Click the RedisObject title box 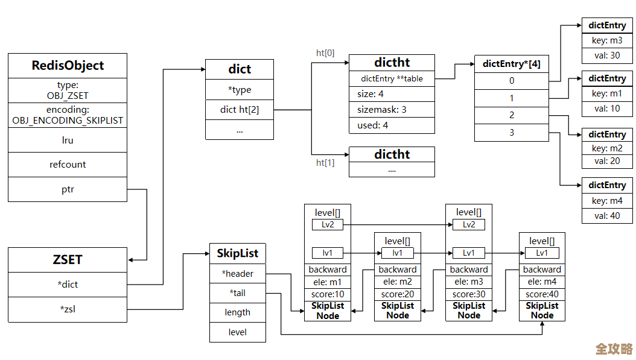[68, 66]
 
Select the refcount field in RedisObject [68, 164]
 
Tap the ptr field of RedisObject [68, 189]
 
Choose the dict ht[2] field [240, 110]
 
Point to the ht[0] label [325, 53]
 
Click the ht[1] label [325, 163]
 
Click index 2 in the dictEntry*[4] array [512, 115]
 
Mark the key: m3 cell [607, 40]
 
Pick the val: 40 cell [607, 216]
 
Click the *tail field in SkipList [238, 293]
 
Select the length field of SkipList [238, 312]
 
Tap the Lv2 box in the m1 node [327, 225]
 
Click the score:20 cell [397, 294]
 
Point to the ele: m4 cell [542, 282]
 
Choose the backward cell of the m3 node [469, 270]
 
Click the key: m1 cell [607, 93]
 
